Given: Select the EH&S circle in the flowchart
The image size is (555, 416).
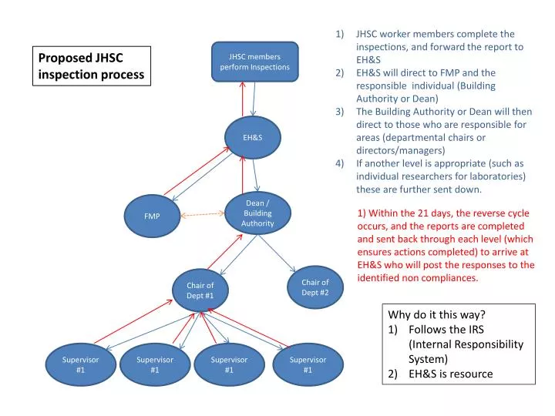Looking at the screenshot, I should pyautogui.click(x=253, y=137).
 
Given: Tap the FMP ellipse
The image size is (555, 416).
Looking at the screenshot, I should pyautogui.click(x=153, y=216).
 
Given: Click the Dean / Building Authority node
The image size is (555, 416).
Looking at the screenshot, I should pyautogui.click(x=257, y=213).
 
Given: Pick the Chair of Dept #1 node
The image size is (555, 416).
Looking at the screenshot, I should pyautogui.click(x=200, y=291).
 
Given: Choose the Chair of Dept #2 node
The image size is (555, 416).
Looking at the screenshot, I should pyautogui.click(x=314, y=287).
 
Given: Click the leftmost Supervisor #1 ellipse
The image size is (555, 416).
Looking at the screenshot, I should pyautogui.click(x=80, y=364).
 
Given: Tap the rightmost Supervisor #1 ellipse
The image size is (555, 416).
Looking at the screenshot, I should pyautogui.click(x=307, y=364).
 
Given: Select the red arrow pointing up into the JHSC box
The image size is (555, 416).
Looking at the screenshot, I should pyautogui.click(x=243, y=100).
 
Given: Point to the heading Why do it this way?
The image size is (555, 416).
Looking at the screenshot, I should pyautogui.click(x=437, y=315).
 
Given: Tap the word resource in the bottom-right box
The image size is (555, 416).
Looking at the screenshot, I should pyautogui.click(x=466, y=374).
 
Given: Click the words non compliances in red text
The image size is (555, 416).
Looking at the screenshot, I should pyautogui.click(x=442, y=277).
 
